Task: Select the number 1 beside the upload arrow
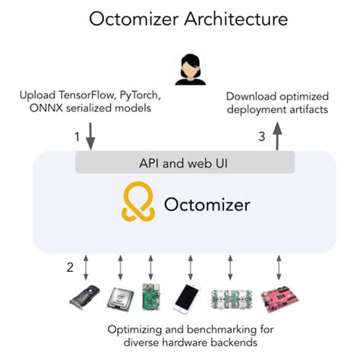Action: pyautogui.click(x=75, y=137)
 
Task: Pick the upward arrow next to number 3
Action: pyautogui.click(x=276, y=137)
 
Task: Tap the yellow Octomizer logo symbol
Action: pyautogui.click(x=137, y=203)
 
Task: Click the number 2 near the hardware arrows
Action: pyautogui.click(x=69, y=267)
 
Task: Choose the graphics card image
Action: pyautogui.click(x=84, y=298)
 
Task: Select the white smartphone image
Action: pyautogui.click(x=187, y=298)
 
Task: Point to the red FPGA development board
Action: pyautogui.click(x=275, y=298)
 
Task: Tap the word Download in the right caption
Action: pyautogui.click(x=251, y=96)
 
